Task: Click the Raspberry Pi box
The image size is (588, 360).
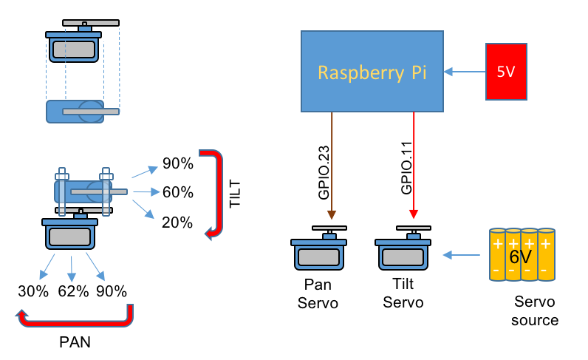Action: [372, 72]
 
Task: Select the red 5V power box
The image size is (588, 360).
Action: [506, 72]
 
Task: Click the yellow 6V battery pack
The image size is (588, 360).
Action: [522, 255]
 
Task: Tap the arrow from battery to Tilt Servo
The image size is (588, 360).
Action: [462, 256]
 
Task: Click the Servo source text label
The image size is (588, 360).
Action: [536, 311]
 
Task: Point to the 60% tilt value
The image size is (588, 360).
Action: [177, 193]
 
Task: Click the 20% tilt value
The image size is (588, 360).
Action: [177, 223]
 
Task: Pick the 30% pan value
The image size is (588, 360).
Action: [33, 291]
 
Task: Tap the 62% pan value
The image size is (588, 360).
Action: [73, 291]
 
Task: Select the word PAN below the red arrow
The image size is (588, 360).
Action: [75, 343]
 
